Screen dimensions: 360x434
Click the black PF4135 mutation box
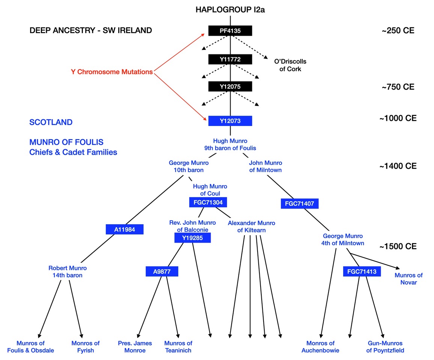click(x=230, y=31)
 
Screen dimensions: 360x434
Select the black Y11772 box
click(x=230, y=59)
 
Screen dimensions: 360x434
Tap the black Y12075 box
click(x=230, y=87)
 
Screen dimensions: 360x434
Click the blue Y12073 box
click(x=230, y=121)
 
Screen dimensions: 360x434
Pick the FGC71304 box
click(x=208, y=202)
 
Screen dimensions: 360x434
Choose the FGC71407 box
click(x=300, y=204)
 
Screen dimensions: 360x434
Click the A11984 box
click(x=124, y=229)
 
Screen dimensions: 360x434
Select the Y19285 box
click(x=193, y=238)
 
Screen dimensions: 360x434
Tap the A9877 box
click(x=162, y=271)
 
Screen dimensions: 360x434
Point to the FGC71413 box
click(x=360, y=271)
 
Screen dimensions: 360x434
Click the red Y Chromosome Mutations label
click(x=112, y=72)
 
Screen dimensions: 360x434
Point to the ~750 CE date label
click(x=398, y=87)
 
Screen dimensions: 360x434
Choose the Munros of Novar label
click(x=408, y=279)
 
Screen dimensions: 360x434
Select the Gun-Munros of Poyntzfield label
click(x=385, y=346)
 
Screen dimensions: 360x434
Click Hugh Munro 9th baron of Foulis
click(x=230, y=144)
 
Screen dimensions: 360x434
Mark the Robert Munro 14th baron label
click(x=68, y=271)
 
